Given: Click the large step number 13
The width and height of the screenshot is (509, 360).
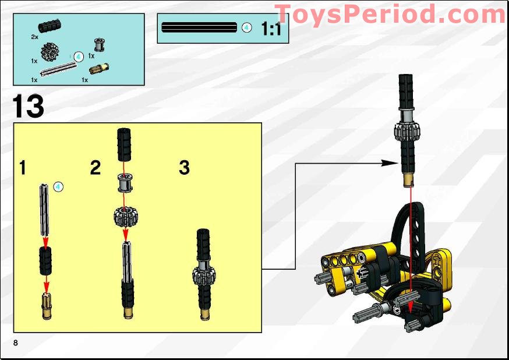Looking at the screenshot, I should point(29,107).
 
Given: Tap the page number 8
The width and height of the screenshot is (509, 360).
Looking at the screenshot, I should point(16,341).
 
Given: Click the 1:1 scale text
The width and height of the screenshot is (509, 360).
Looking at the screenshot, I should point(271,29).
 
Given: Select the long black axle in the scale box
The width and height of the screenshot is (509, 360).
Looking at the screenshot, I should point(199,27).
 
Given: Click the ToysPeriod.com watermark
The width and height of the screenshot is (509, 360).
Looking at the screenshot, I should point(390,13).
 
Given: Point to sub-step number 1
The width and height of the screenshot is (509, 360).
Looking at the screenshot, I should point(23,168).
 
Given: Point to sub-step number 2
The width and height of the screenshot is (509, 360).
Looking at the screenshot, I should point(96,168).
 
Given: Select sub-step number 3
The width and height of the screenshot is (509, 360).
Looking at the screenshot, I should point(184,168).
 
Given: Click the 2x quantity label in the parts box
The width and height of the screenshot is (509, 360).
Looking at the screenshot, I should point(35,37).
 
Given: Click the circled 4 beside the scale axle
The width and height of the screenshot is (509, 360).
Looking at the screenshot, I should point(246,27).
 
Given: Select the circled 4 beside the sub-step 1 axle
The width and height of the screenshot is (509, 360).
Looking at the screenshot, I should point(58,187).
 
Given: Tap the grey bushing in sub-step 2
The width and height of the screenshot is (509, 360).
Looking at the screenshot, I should point(125,182).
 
